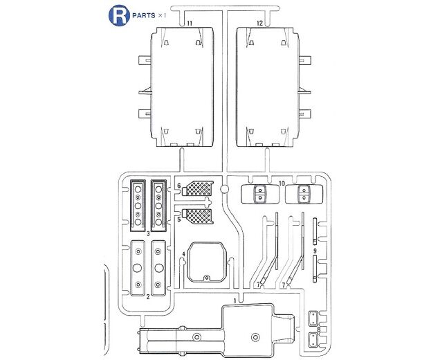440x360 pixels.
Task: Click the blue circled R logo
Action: click(x=119, y=16)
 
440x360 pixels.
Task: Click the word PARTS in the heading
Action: click(x=144, y=16)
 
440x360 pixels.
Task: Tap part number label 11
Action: click(x=190, y=24)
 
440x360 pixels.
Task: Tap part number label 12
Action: click(x=259, y=24)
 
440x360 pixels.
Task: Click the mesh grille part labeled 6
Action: click(x=198, y=188)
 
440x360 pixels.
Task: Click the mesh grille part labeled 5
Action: click(x=198, y=216)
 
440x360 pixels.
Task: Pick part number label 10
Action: click(x=282, y=183)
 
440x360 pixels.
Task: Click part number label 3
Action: click(x=148, y=233)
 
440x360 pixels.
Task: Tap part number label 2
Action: click(x=148, y=297)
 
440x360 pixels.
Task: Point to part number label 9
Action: click(x=315, y=251)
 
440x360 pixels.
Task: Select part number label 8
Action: click(x=319, y=330)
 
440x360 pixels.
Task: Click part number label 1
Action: click(x=235, y=300)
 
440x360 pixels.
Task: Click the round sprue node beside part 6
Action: click(x=224, y=189)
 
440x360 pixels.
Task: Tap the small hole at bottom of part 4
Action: click(x=207, y=278)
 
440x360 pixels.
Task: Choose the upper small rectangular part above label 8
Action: click(x=313, y=318)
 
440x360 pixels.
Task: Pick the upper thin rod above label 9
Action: click(x=315, y=231)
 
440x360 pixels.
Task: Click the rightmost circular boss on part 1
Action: click(x=255, y=337)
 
